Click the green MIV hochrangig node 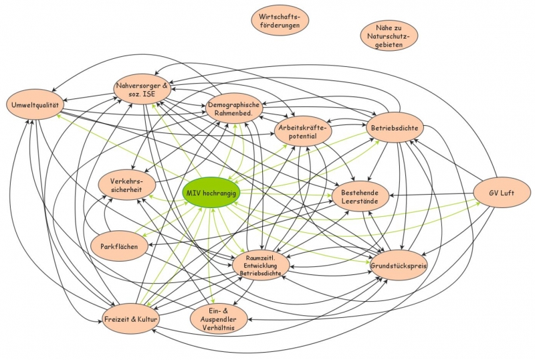click(212, 192)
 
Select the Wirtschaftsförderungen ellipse click(280, 20)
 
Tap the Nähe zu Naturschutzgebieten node click(389, 35)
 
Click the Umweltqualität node click(35, 104)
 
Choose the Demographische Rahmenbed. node click(233, 108)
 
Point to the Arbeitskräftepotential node click(304, 131)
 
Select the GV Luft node click(500, 193)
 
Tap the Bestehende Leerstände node click(360, 195)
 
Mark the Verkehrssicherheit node click(127, 185)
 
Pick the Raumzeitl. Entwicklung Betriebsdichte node click(261, 266)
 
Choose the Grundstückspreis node click(399, 266)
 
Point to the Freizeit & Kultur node click(131, 320)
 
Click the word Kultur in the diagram click(145, 320)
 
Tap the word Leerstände click(360, 200)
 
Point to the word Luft click(507, 193)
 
